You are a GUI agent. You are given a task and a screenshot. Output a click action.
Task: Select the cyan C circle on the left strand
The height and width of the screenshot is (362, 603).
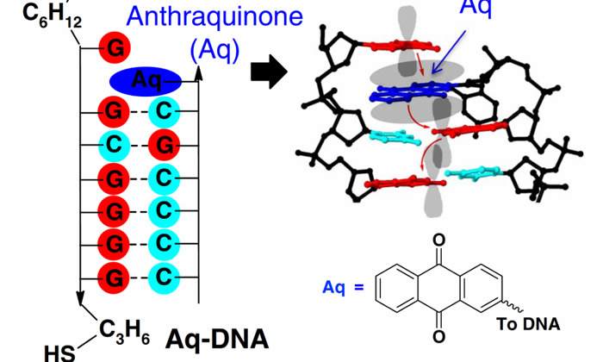(114, 141)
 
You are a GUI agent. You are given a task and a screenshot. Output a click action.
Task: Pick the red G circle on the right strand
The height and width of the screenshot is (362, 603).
(162, 141)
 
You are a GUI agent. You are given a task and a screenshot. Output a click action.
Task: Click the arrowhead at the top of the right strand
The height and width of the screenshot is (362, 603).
(198, 73)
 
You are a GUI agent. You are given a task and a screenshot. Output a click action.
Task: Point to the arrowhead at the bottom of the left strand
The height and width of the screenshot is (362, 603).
(79, 302)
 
